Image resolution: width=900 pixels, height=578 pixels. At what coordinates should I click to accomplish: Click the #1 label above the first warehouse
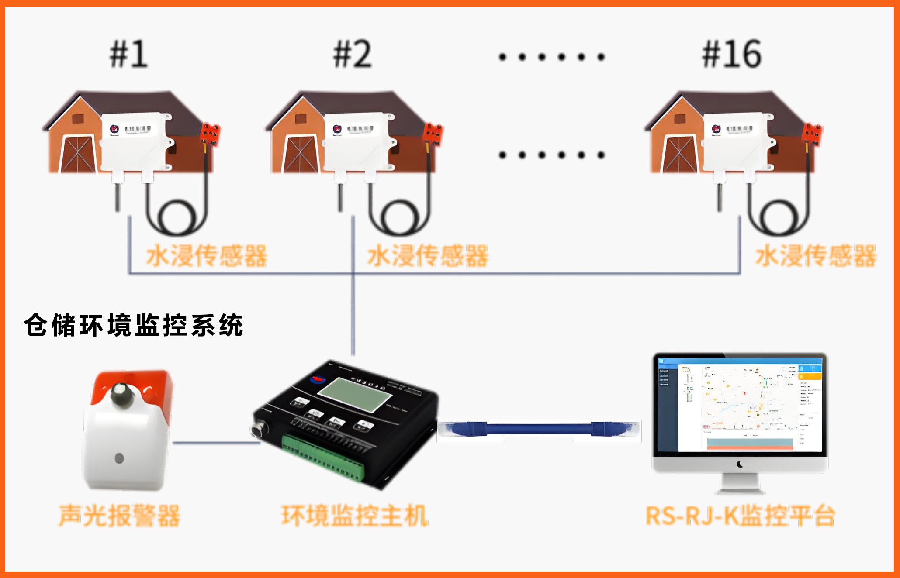point(128,54)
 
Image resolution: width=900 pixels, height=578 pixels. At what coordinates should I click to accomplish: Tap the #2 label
point(352,54)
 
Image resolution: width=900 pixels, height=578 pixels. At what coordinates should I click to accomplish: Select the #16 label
point(731,54)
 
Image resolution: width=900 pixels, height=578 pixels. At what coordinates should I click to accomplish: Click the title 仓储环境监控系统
point(133,325)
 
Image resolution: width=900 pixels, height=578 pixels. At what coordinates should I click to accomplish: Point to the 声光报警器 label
point(119,516)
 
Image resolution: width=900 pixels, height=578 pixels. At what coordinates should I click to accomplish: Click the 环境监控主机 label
point(354,516)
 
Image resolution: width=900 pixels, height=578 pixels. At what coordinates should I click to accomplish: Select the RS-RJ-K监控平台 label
point(740,516)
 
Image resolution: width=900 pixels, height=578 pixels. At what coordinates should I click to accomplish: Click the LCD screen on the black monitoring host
point(354,394)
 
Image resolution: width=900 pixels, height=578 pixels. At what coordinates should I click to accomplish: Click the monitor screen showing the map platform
point(740,404)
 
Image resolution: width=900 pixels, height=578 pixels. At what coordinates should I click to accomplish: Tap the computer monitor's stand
point(740,484)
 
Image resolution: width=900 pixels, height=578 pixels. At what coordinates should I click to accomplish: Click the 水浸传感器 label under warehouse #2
point(427,256)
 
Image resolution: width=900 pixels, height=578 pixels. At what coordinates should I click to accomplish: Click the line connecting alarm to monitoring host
point(216,443)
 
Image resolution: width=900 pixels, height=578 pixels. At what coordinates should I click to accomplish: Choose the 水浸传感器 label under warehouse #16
point(815,256)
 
